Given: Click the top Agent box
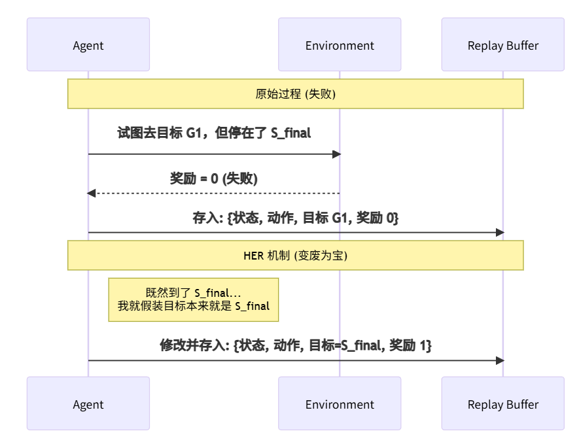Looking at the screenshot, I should pos(88,44).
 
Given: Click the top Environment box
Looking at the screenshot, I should pos(340,44).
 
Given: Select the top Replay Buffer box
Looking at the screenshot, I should pos(502,44).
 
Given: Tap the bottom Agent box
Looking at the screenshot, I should pos(88,403).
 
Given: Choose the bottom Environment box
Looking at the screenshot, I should pos(340,403).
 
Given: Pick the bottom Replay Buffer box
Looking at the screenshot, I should pos(502,403).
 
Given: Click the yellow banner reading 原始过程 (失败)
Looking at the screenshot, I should pos(296,93).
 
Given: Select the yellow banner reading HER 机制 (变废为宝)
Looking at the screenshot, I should pos(296,255).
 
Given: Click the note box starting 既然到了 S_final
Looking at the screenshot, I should pos(193,299).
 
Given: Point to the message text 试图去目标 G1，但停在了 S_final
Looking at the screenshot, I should pos(214,133).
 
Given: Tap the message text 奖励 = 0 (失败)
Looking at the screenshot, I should pos(214,178).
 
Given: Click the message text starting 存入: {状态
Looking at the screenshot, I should pos(296,218).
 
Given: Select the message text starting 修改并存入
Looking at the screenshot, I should pos(296,345).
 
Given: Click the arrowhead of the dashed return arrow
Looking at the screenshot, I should pos(92,193).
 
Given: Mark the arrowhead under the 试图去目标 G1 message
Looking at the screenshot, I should pos(337,154).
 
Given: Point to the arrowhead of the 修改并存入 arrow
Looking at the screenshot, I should pos(500,360).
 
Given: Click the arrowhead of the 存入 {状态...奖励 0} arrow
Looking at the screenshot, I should pos(500,232).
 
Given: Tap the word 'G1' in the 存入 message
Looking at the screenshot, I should pos(339,218).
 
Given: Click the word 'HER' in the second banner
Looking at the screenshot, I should pos(254,256).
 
